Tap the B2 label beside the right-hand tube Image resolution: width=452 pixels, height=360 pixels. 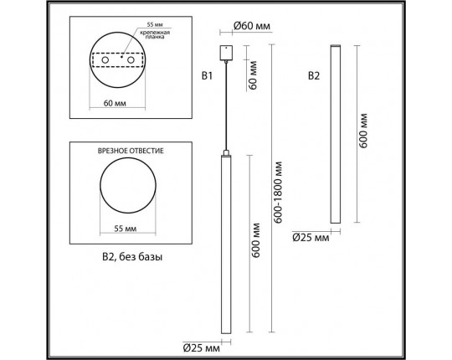314,77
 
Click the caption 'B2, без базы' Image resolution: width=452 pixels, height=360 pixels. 126,258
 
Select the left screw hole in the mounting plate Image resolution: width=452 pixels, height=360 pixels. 107,60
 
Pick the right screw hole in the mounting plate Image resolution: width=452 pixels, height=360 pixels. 131,60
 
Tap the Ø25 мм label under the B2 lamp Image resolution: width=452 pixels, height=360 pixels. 312,238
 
